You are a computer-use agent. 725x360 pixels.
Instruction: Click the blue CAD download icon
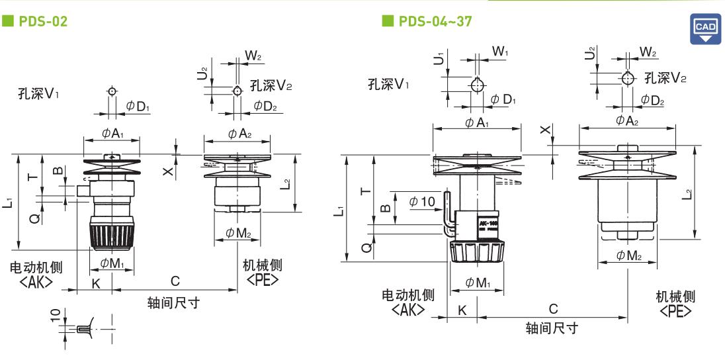pyautogui.click(x=705, y=28)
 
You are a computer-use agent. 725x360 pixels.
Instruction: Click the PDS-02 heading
pyautogui.click(x=42, y=21)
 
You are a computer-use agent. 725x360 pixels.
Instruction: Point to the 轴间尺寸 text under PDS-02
pyautogui.click(x=173, y=303)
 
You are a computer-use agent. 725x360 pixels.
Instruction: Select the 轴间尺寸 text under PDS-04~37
pyautogui.click(x=552, y=328)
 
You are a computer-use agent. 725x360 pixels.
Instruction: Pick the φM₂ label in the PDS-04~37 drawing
pyautogui.click(x=629, y=255)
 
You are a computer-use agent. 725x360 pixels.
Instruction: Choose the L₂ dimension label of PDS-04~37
pyautogui.click(x=688, y=193)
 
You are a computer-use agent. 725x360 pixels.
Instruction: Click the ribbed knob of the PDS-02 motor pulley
pyautogui.click(x=111, y=236)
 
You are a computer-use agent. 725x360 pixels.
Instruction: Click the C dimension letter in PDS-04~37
pyautogui.click(x=553, y=309)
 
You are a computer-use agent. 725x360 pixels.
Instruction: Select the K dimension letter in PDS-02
pyautogui.click(x=96, y=284)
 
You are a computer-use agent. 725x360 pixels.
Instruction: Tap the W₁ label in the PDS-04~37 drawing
pyautogui.click(x=500, y=51)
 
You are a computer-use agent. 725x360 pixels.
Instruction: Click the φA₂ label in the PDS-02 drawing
pyautogui.click(x=239, y=134)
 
